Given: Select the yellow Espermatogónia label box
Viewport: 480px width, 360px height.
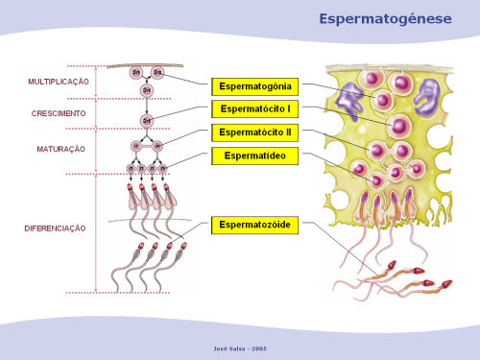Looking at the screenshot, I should point(255,85).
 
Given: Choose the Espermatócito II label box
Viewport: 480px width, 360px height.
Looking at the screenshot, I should point(255,132).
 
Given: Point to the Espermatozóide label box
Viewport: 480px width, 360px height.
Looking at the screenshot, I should point(255,225).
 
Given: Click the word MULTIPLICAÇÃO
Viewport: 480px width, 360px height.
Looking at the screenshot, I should point(58,82).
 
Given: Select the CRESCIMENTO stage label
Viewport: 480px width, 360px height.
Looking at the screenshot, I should point(58,113).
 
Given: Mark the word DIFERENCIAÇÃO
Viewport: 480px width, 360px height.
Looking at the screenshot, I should point(55,228).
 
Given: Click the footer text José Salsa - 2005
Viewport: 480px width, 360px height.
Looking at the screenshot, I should point(239,347).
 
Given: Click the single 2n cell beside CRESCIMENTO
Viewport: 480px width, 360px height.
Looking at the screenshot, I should point(147,120).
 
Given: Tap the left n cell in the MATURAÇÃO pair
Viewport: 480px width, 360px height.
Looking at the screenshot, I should point(135,148).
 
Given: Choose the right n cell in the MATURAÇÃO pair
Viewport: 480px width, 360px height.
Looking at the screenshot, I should point(158,148).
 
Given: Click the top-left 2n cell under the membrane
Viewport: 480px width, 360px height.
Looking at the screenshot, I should point(136,73).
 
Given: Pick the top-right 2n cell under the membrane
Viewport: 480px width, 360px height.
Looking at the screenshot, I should point(157,73).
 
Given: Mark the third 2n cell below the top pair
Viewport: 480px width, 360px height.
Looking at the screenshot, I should point(147,89).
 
